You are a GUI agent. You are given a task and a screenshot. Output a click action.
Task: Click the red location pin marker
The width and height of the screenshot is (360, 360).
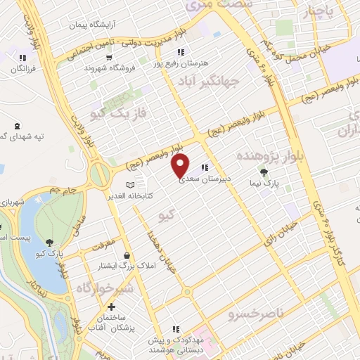point(181,166)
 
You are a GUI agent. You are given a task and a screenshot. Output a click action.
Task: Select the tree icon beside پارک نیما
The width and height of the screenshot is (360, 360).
point(264,172)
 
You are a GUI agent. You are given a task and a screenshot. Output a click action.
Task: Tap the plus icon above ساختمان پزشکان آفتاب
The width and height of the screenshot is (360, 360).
point(111,307)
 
